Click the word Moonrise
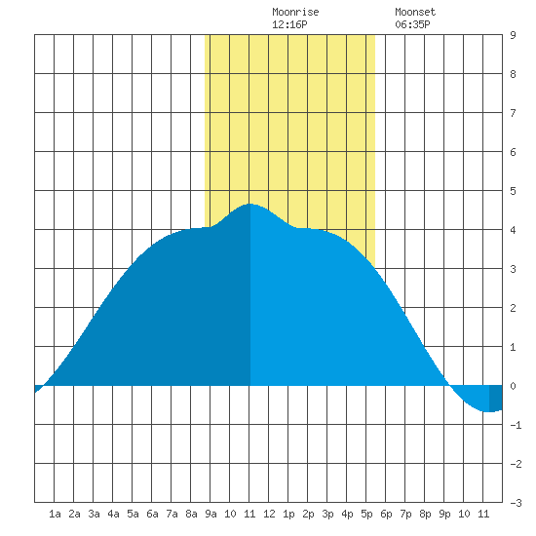(295, 12)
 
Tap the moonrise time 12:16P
(289, 24)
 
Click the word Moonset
(415, 12)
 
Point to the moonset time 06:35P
(412, 24)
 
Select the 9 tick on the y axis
(513, 35)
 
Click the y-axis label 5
(513, 191)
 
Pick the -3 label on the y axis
(516, 503)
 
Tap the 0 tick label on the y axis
(513, 386)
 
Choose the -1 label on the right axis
(516, 425)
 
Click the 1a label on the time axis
(55, 514)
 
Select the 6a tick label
(152, 514)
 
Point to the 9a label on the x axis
(211, 514)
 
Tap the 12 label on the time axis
(269, 514)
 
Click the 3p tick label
(327, 514)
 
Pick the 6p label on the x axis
(386, 514)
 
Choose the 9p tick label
(444, 514)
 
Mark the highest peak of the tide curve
(250, 204)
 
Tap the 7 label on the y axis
(513, 113)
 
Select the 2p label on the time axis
(308, 514)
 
